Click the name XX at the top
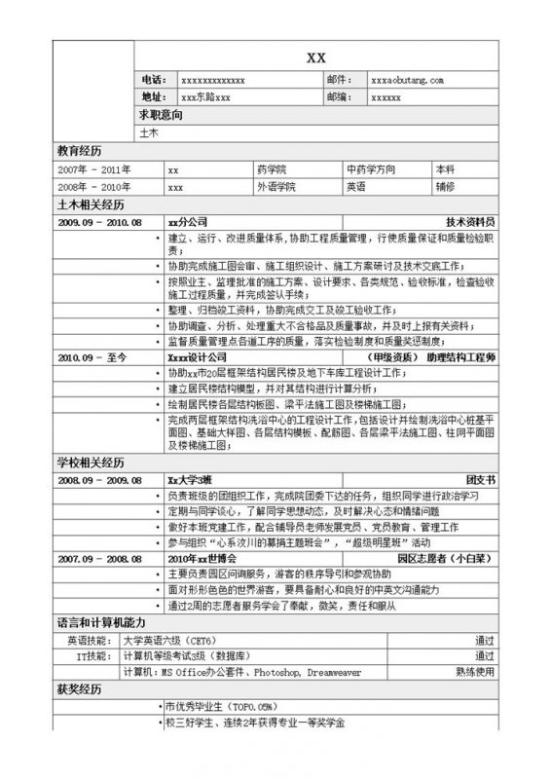pyautogui.click(x=315, y=58)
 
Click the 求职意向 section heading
pyautogui.click(x=161, y=116)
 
